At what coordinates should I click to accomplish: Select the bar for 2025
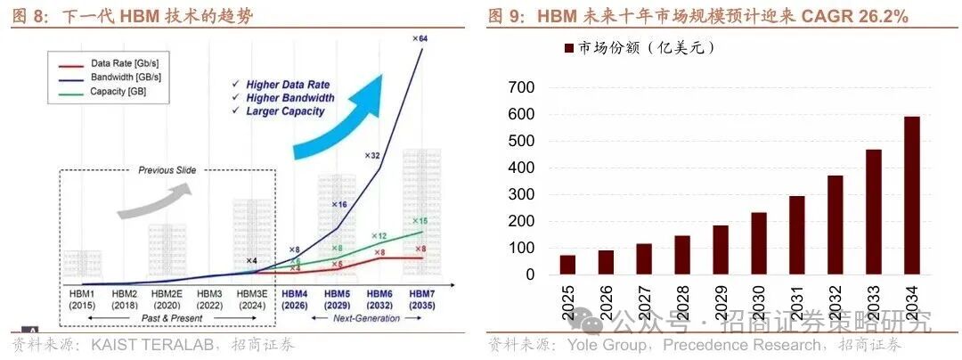coord(567,265)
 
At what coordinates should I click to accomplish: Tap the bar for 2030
coord(758,243)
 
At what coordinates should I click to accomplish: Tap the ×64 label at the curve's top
coord(420,38)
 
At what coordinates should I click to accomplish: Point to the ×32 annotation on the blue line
coord(372,155)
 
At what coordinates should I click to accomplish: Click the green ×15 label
coord(420,220)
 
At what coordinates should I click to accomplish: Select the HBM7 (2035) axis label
coord(421,299)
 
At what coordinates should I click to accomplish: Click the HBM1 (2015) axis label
coord(81,299)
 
